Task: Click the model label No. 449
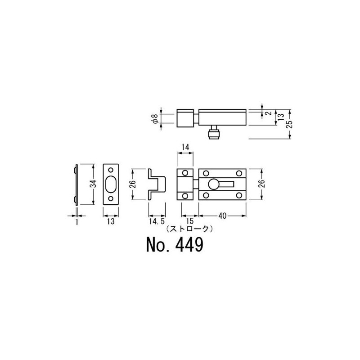click(175, 245)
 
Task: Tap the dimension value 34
click(94, 184)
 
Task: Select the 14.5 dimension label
click(157, 221)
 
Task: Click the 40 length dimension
click(222, 216)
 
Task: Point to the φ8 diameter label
click(156, 119)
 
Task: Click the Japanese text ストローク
click(189, 229)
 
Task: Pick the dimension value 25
click(290, 124)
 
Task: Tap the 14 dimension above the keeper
click(185, 147)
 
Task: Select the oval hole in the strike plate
click(111, 184)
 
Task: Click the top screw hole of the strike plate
click(111, 170)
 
